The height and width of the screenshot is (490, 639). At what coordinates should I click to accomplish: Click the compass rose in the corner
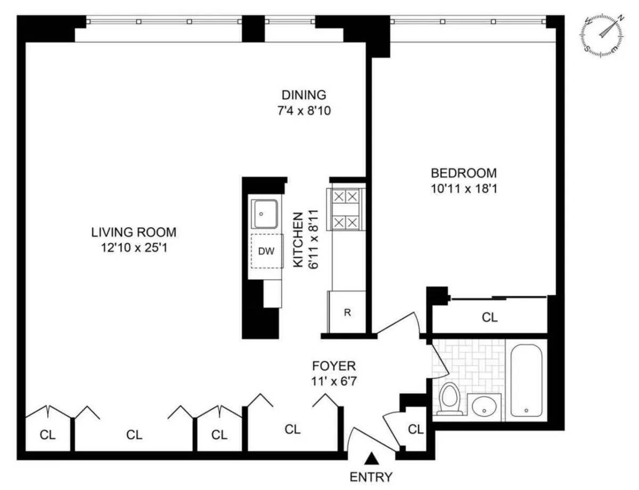pyautogui.click(x=604, y=34)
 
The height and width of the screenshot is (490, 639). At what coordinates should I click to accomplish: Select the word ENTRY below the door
pyautogui.click(x=371, y=477)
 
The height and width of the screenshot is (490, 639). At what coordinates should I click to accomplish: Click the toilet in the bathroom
pyautogui.click(x=450, y=399)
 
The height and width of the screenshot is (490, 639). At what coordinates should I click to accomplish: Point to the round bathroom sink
pyautogui.click(x=484, y=408)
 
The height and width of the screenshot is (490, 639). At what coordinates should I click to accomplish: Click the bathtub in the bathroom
pyautogui.click(x=527, y=380)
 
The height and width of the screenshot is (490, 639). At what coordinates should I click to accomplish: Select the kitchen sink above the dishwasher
pyautogui.click(x=265, y=214)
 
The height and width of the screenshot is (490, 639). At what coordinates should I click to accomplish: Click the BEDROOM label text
pyautogui.click(x=463, y=173)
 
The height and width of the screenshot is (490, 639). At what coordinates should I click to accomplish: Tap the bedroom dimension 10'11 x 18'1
pyautogui.click(x=463, y=188)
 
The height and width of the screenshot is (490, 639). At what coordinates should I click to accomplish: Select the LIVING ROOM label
pyautogui.click(x=133, y=232)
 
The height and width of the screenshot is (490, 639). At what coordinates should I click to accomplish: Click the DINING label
pyautogui.click(x=304, y=95)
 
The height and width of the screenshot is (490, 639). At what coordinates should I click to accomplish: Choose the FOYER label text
pyautogui.click(x=333, y=366)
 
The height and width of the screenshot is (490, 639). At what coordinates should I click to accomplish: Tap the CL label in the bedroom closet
pyautogui.click(x=489, y=318)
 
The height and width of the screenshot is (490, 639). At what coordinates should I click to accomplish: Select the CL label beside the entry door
pyautogui.click(x=415, y=429)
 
